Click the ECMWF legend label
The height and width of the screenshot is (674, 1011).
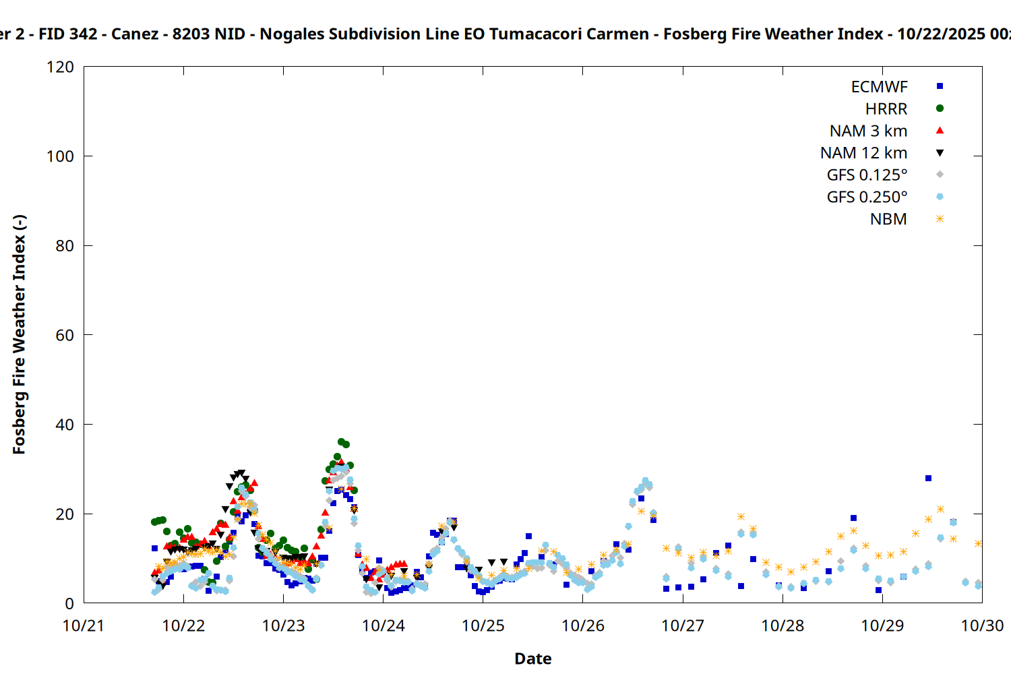point(879,87)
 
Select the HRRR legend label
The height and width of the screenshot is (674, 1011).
point(886,109)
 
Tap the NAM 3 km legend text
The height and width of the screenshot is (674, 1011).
point(868,131)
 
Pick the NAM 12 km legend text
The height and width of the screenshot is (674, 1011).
point(863,154)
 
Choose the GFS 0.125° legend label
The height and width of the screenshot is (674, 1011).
point(867,175)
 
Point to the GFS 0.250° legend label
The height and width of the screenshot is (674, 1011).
point(867,197)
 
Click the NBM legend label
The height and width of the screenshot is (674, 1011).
point(888,220)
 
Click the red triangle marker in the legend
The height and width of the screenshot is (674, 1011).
point(940,131)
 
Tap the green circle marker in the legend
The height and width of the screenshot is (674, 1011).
point(940,109)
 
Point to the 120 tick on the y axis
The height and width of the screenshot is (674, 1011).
point(61,67)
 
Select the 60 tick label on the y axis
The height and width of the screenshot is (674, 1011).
point(65,336)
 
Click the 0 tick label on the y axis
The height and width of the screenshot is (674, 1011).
point(69,604)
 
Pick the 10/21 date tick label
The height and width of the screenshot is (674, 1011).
point(84,626)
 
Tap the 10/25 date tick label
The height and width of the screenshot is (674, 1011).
point(483,626)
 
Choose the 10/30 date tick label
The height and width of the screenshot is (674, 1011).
point(982,626)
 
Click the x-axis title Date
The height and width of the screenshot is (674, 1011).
point(532,658)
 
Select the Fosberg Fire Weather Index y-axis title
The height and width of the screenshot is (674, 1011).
point(19,335)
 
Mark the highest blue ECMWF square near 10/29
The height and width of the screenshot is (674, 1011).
point(928,479)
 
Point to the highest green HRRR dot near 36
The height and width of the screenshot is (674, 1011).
point(341,442)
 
